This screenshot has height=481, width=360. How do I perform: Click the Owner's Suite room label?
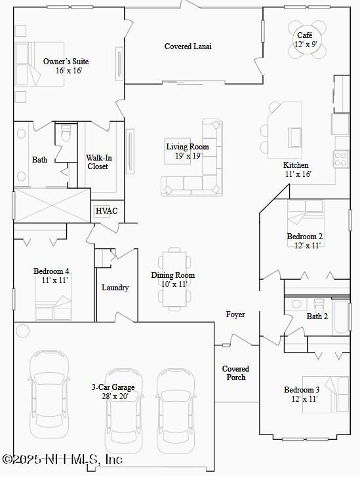point(66,62)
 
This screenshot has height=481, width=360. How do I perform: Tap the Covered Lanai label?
point(188,47)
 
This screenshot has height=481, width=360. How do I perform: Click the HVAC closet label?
point(106,211)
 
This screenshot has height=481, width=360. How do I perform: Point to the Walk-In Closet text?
point(98,162)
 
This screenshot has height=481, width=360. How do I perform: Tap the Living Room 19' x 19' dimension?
point(188,156)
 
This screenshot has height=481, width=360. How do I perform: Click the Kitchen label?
point(296,165)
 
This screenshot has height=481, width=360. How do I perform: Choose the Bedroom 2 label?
point(304,237)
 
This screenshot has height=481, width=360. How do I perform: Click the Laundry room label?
point(115,288)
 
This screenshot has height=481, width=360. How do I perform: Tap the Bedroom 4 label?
point(51,271)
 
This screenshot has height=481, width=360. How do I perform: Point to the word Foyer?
point(235,315)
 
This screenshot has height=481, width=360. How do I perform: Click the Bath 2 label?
point(317,317)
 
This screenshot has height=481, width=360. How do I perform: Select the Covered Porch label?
point(235,373)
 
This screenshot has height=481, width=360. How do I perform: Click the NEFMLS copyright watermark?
point(62,459)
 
